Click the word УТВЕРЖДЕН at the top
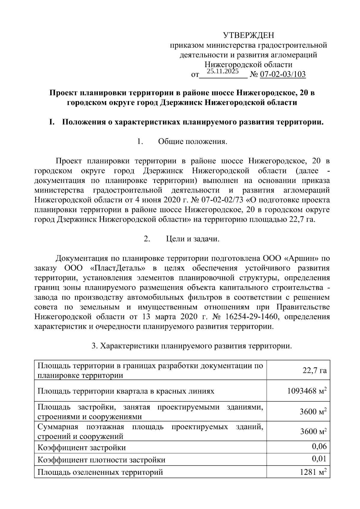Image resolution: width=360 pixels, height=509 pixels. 248,36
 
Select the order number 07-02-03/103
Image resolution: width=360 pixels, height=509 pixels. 282,74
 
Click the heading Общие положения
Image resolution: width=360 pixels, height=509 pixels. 193,142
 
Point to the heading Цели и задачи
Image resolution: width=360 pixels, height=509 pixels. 193,239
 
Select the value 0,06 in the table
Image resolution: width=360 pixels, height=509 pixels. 319,447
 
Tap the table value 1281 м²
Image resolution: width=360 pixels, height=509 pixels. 313,472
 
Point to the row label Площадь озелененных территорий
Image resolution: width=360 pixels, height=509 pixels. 100,472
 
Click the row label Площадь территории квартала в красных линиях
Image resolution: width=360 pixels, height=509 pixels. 126,391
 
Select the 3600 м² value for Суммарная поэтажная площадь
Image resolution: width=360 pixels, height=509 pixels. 313,432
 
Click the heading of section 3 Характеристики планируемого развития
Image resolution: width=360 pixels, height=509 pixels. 192,346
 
